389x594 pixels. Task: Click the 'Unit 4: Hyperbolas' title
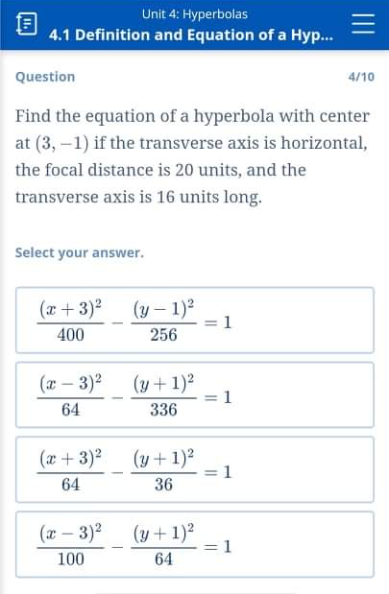click(x=194, y=13)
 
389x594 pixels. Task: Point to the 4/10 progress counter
click(x=360, y=77)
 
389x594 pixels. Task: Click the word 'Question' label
click(x=45, y=77)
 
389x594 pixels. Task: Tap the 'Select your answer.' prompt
click(x=80, y=253)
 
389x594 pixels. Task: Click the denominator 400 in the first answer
click(x=70, y=335)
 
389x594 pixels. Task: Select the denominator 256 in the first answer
click(x=163, y=335)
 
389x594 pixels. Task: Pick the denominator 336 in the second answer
click(x=163, y=410)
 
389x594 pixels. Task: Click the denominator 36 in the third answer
click(x=163, y=485)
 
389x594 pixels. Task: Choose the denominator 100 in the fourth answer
click(x=70, y=559)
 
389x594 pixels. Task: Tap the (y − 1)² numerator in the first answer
click(x=163, y=309)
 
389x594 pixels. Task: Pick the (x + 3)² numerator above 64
click(x=70, y=459)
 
